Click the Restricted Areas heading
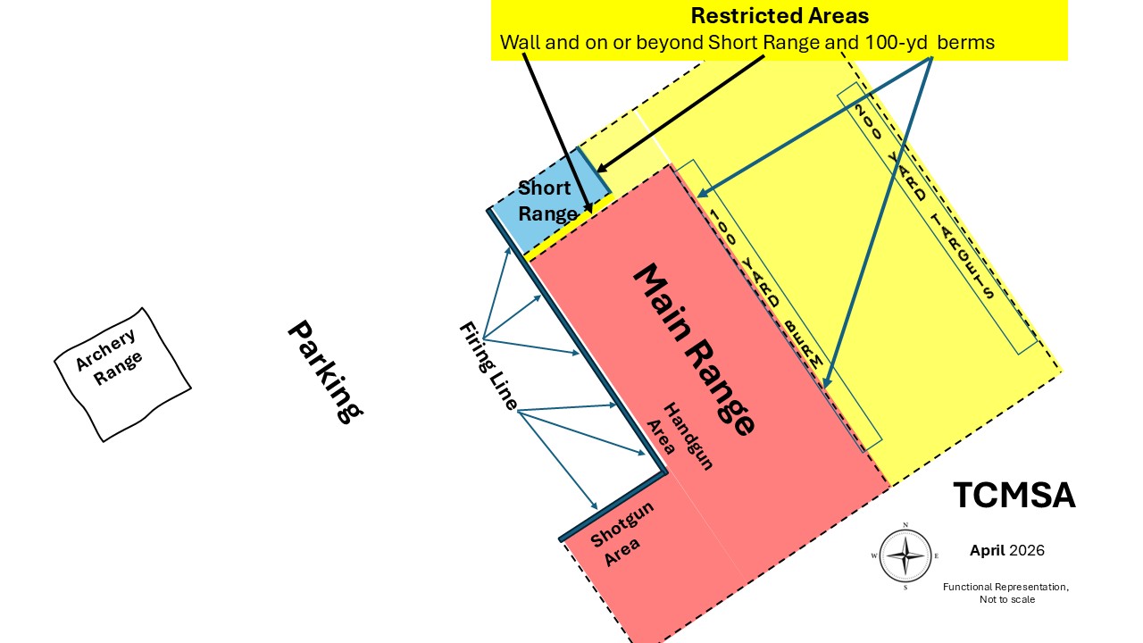pyautogui.click(x=780, y=16)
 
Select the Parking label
pyautogui.click(x=326, y=372)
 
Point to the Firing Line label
pyautogui.click(x=488, y=365)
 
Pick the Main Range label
pyautogui.click(x=694, y=349)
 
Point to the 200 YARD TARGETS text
pyautogui.click(x=924, y=202)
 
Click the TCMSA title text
pyautogui.click(x=1014, y=495)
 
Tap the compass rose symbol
pyautogui.click(x=905, y=555)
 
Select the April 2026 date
pyautogui.click(x=1007, y=550)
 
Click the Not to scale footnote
pyautogui.click(x=1007, y=599)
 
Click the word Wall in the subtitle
pyautogui.click(x=521, y=42)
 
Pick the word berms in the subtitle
pyautogui.click(x=966, y=42)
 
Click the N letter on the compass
pyautogui.click(x=905, y=524)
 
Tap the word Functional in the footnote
pyautogui.click(x=968, y=587)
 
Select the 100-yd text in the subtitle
pyautogui.click(x=896, y=42)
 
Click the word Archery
pyautogui.click(x=106, y=349)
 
